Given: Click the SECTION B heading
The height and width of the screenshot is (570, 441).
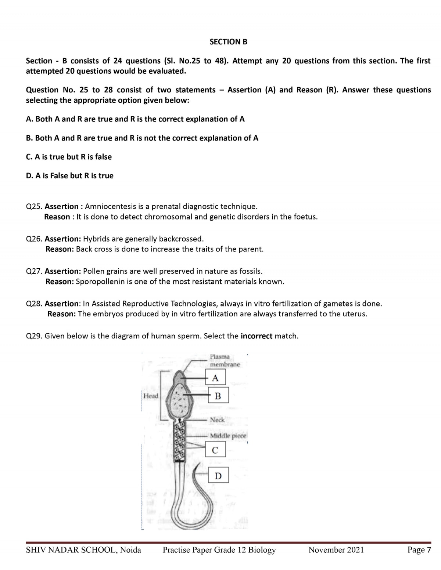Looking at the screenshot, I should click(x=228, y=42).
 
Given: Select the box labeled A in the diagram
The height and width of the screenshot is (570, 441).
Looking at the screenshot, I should click(x=215, y=378).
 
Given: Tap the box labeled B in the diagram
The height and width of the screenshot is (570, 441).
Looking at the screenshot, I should click(x=218, y=396).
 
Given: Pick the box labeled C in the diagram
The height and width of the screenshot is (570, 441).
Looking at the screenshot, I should click(x=215, y=450).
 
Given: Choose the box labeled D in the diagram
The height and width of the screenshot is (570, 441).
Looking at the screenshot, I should click(x=218, y=476).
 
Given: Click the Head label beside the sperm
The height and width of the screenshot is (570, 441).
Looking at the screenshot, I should click(x=151, y=396).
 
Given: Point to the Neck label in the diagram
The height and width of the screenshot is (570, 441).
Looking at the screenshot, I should click(x=217, y=420).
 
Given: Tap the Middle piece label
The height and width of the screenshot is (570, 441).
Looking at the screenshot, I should click(x=228, y=436).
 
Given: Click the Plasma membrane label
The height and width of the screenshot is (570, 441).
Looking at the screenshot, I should click(x=225, y=360).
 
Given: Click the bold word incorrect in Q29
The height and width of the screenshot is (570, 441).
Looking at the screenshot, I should click(x=256, y=336).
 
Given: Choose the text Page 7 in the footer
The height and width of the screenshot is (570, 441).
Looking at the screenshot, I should click(x=419, y=550).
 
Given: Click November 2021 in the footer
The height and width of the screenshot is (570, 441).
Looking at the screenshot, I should click(x=336, y=550).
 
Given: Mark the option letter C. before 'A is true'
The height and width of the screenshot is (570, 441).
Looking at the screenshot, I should click(x=29, y=157).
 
